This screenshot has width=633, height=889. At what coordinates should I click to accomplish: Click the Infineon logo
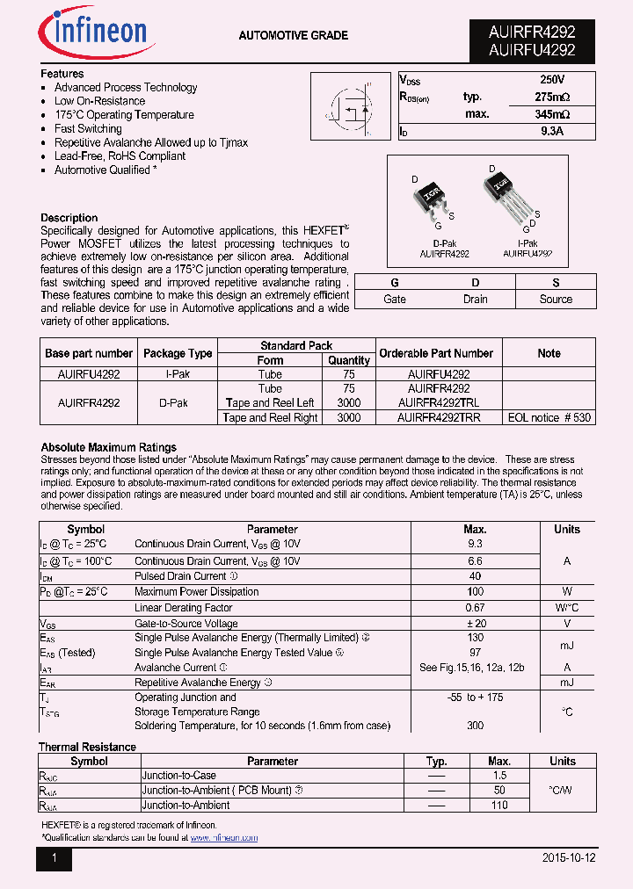pyautogui.click(x=96, y=33)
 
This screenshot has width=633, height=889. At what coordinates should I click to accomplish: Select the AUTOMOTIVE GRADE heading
pyautogui.click(x=293, y=36)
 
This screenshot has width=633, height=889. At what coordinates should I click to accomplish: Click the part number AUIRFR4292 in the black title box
pyautogui.click(x=532, y=33)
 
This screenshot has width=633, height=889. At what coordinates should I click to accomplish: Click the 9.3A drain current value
pyautogui.click(x=552, y=131)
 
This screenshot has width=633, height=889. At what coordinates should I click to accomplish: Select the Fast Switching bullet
pyautogui.click(x=88, y=128)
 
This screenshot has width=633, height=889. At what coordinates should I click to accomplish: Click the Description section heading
pyautogui.click(x=69, y=218)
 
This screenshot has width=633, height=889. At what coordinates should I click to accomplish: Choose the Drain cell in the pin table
pyautogui.click(x=475, y=300)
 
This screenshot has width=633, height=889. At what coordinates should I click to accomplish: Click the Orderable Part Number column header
pyautogui.click(x=436, y=353)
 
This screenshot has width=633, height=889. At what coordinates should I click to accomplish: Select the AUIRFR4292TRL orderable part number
pyautogui.click(x=439, y=402)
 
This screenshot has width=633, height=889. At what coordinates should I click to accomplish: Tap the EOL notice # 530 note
pyautogui.click(x=549, y=418)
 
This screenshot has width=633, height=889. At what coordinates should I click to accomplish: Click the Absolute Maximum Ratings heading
pyautogui.click(x=108, y=447)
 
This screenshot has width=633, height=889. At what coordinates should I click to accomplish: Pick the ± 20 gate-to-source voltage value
pyautogui.click(x=475, y=624)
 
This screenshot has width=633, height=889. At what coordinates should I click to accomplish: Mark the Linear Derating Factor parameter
pyautogui.click(x=184, y=608)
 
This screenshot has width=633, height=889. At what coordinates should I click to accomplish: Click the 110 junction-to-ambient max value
pyautogui.click(x=499, y=806)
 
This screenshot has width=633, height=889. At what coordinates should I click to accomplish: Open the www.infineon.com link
pyautogui.click(x=224, y=838)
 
